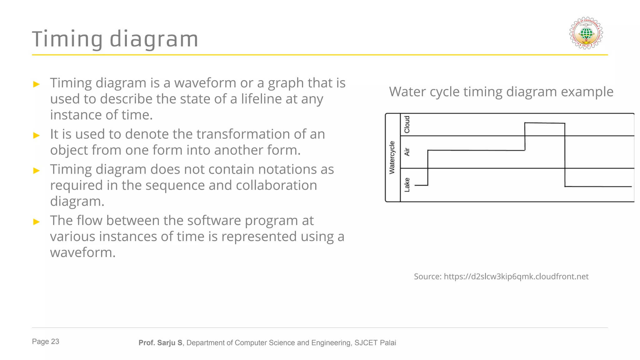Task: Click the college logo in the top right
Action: (x=586, y=33)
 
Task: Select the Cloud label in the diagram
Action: (x=407, y=124)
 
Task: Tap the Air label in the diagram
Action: (x=407, y=152)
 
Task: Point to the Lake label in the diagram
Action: (x=407, y=185)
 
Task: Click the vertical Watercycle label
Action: (x=392, y=157)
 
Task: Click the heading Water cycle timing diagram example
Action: (x=501, y=92)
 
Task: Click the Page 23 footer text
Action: (x=46, y=342)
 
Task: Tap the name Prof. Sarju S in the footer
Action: (x=160, y=343)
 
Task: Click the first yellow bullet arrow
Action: (x=37, y=84)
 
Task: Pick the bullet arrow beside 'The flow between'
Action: (x=37, y=222)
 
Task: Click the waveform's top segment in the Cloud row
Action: (x=544, y=123)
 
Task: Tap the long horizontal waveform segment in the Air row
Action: (x=476, y=150)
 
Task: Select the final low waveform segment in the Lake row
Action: (x=598, y=187)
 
